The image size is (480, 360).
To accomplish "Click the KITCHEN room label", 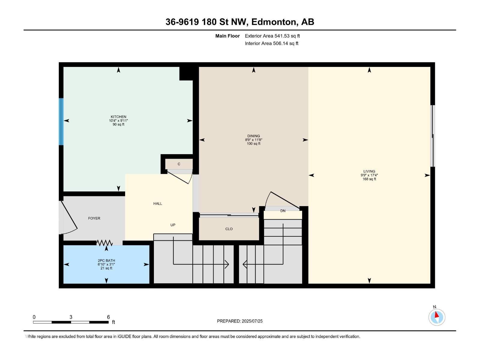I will pyautogui.click(x=118, y=117).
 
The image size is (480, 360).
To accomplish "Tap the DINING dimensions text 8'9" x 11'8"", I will pyautogui.click(x=253, y=140).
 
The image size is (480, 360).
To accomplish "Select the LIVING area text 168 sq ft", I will pyautogui.click(x=369, y=179).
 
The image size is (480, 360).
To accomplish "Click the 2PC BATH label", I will pyautogui.click(x=106, y=260).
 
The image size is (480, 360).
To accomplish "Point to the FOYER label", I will pyautogui.click(x=94, y=218).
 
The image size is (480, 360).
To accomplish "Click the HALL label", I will pyautogui.click(x=157, y=204).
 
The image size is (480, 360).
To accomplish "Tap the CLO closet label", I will pyautogui.click(x=229, y=229).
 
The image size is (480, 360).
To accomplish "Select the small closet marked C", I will pyautogui.click(x=179, y=164).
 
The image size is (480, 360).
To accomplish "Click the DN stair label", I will pyautogui.click(x=283, y=211).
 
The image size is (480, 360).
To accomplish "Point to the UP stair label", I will pyautogui.click(x=173, y=225).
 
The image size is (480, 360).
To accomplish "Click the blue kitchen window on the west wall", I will pyautogui.click(x=61, y=121).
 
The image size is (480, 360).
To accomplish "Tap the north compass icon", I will pyautogui.click(x=436, y=317).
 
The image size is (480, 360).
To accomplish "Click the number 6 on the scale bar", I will pyautogui.click(x=108, y=317).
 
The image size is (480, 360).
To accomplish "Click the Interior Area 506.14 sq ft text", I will pyautogui.click(x=271, y=43).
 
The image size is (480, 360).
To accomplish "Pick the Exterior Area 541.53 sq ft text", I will pyautogui.click(x=272, y=36).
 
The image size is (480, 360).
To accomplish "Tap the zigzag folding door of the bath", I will pyautogui.click(x=104, y=242).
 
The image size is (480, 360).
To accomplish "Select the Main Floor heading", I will pyautogui.click(x=227, y=36).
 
